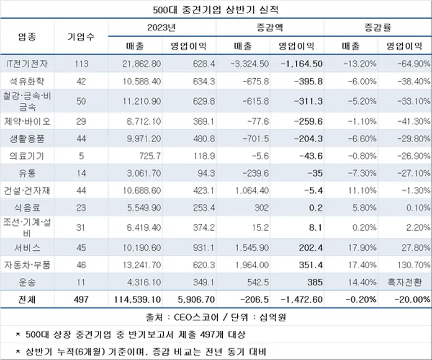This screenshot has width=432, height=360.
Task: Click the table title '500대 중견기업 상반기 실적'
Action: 216,10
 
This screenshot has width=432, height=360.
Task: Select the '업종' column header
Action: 27,37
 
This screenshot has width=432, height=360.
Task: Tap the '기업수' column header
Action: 81,37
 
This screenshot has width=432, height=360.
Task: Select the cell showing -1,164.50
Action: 302,64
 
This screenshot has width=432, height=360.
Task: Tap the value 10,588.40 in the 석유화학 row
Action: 141,81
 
